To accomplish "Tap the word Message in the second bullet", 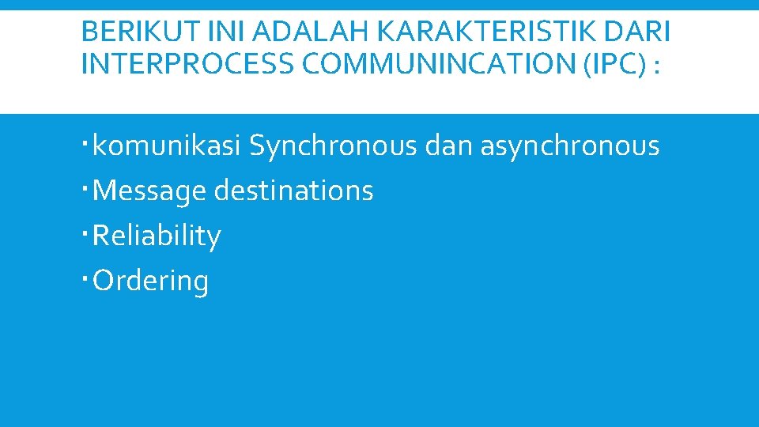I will [x=145, y=191].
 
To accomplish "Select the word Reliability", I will [x=157, y=236].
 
